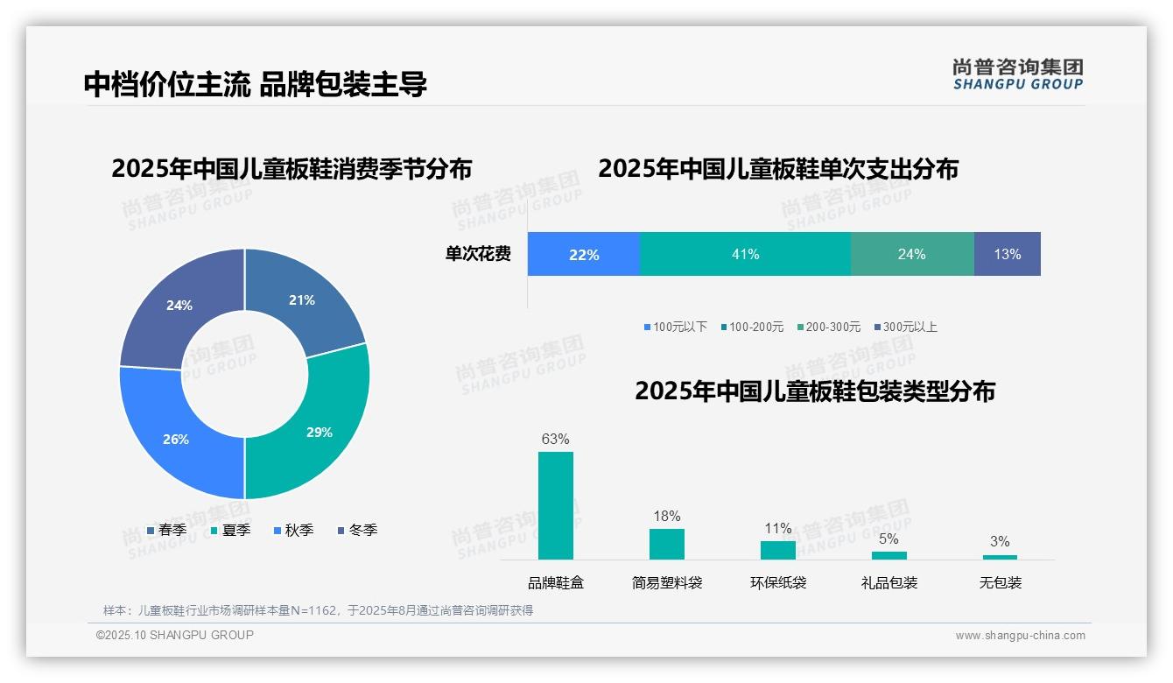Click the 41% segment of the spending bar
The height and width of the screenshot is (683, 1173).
pyautogui.click(x=745, y=254)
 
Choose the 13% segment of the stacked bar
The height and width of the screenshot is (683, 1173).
pyautogui.click(x=1007, y=254)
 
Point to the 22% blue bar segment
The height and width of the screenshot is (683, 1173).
pyautogui.click(x=584, y=254)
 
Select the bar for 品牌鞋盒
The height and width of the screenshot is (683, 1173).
pyautogui.click(x=555, y=505)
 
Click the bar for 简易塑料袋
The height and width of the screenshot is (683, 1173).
pyautogui.click(x=666, y=544)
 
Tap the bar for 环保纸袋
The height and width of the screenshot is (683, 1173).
pyautogui.click(x=777, y=550)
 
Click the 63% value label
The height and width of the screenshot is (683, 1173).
pyautogui.click(x=555, y=440)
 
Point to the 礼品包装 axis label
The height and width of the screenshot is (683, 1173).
pyautogui.click(x=889, y=583)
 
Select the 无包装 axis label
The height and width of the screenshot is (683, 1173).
pyautogui.click(x=1001, y=583)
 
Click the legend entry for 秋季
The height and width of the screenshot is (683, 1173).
pyautogui.click(x=294, y=530)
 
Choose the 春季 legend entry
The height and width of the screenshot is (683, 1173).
pyautogui.click(x=167, y=530)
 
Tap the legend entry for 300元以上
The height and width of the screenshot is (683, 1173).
pyautogui.click(x=905, y=327)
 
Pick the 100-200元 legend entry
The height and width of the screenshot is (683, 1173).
pyautogui.click(x=752, y=327)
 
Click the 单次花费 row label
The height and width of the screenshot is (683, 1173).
pyautogui.click(x=478, y=254)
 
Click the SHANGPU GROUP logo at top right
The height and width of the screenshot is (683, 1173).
pyautogui.click(x=1017, y=74)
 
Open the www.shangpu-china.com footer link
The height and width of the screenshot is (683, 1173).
pyautogui.click(x=1020, y=636)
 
